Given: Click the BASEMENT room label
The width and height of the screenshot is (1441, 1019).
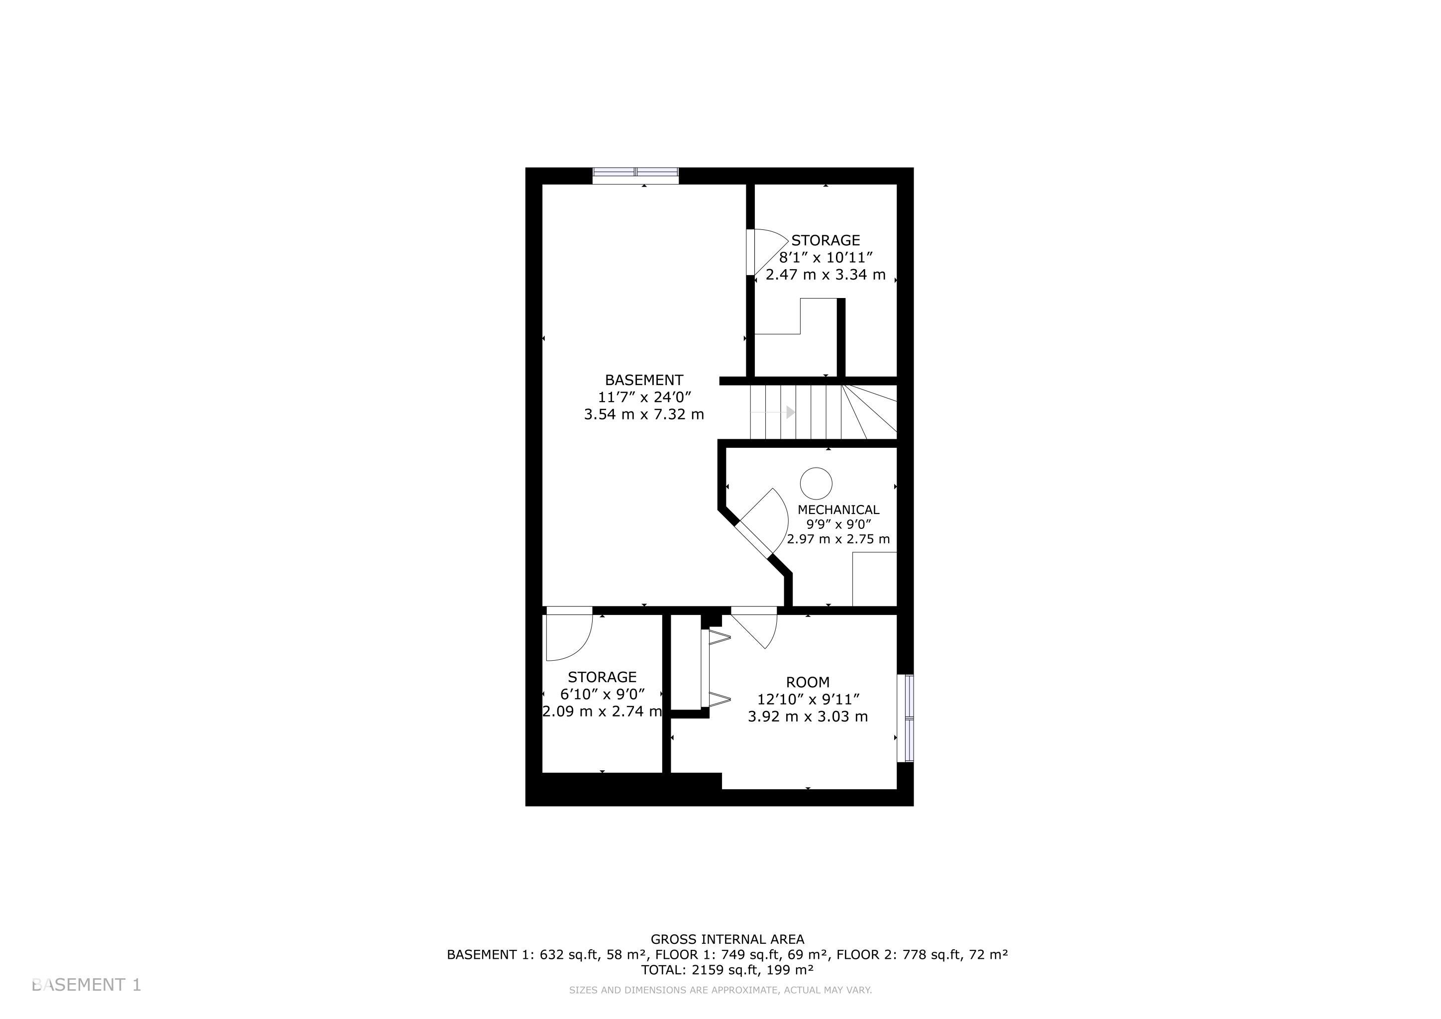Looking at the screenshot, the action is [x=644, y=380].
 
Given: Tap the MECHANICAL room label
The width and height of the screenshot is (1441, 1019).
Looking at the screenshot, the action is [x=838, y=509].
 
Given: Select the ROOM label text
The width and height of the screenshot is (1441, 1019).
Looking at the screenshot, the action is [x=808, y=682].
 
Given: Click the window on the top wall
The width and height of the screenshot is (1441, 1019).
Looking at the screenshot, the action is [x=636, y=176].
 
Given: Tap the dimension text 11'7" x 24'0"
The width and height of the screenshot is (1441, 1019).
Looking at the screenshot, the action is [x=644, y=397].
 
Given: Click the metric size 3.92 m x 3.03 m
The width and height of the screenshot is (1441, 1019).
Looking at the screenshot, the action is [x=808, y=716].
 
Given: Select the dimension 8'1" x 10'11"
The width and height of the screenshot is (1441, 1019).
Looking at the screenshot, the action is [x=826, y=257].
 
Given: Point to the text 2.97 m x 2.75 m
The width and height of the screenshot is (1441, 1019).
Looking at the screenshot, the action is [x=838, y=539].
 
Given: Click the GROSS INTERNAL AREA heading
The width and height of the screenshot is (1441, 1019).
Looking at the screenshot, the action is [x=727, y=939].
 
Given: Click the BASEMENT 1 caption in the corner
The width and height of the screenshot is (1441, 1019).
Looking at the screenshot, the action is [x=87, y=985].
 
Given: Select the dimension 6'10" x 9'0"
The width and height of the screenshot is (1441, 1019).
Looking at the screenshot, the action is [x=603, y=694].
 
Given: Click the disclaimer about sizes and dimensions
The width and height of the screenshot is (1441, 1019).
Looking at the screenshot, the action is [x=720, y=990].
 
